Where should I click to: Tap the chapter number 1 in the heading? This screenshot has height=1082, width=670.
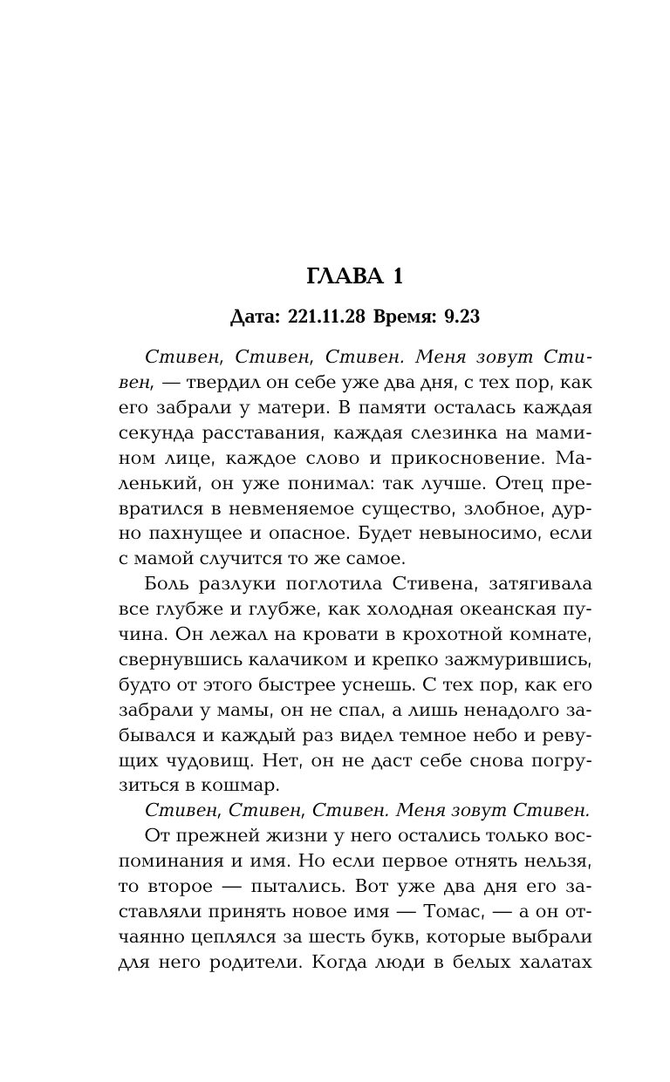(398, 277)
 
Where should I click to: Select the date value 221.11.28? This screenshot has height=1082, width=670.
(322, 316)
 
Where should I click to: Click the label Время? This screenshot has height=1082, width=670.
(405, 316)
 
